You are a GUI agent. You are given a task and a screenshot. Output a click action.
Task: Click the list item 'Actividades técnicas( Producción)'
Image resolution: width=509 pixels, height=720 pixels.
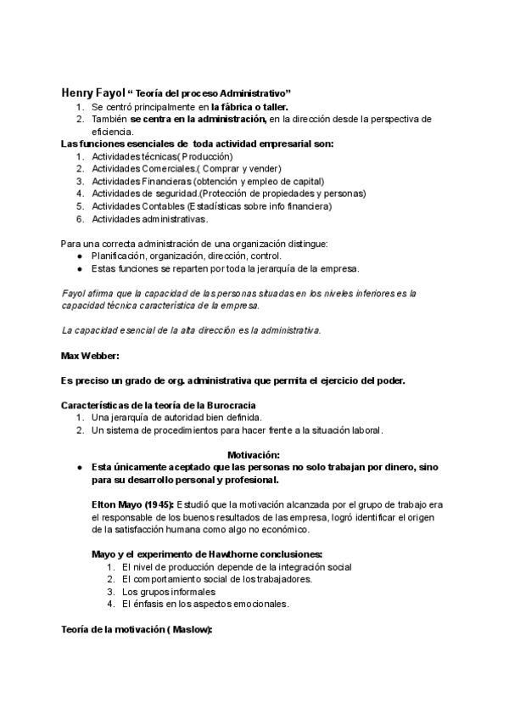click(x=161, y=157)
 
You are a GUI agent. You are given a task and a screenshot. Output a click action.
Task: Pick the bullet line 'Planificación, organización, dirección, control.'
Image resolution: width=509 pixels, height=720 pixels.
click(x=187, y=256)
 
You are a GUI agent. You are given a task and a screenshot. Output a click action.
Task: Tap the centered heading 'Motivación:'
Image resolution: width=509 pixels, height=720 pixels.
click(x=254, y=455)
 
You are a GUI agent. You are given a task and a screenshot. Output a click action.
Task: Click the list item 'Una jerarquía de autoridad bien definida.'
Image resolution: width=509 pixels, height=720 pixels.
click(x=176, y=418)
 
